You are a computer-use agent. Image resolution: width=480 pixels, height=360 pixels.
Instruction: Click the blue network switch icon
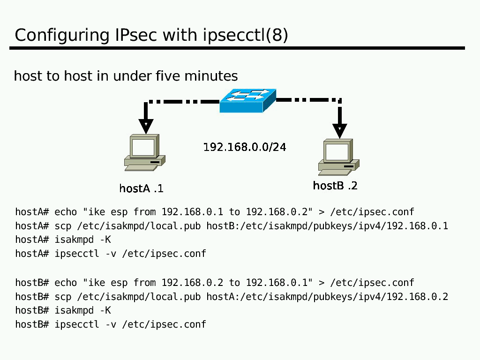point(247,101)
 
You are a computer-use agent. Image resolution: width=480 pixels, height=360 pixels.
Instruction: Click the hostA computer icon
point(144,152)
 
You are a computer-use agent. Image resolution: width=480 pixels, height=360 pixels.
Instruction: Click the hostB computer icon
point(338,157)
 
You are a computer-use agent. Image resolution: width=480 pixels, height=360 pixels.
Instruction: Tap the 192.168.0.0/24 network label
point(244,147)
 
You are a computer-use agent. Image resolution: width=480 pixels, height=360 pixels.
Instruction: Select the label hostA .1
point(141,188)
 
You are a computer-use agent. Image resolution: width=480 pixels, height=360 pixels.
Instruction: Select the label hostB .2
point(335,186)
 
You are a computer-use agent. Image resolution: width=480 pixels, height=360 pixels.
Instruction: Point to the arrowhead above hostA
point(146,126)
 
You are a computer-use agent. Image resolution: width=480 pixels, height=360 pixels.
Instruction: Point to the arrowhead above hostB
point(339,130)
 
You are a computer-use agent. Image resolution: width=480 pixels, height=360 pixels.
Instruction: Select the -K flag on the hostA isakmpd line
point(105,240)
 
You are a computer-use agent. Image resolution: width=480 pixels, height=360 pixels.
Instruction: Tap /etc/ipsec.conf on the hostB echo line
point(372,283)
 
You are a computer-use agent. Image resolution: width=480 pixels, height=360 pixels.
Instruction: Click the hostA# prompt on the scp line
point(32,226)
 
